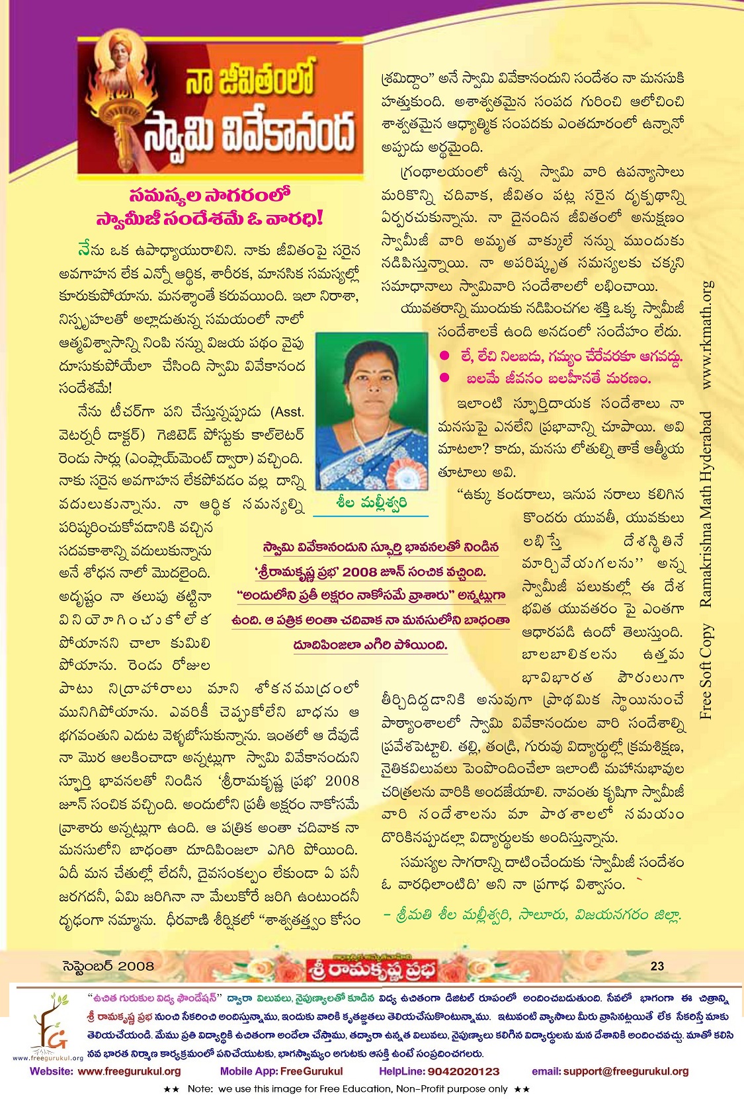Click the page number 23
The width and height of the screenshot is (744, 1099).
(657, 966)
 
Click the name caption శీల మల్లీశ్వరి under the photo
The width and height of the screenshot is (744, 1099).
(371, 503)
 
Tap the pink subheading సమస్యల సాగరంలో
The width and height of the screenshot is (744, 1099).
(210, 196)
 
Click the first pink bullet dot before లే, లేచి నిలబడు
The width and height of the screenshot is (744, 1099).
(444, 356)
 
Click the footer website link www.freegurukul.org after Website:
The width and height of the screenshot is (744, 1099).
(129, 1072)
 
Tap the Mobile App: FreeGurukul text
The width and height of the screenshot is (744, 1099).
(281, 1072)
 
